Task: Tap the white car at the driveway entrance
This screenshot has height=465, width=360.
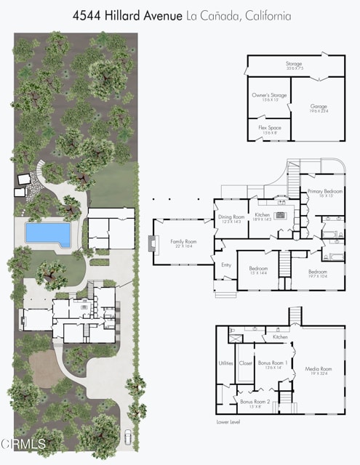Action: click(129, 437)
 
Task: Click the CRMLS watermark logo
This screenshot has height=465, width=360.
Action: click(23, 443)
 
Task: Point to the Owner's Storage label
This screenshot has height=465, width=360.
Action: click(268, 97)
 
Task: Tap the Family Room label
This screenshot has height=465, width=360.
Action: click(183, 242)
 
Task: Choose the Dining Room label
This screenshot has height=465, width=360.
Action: click(231, 218)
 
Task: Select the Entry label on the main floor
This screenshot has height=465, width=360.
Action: click(226, 265)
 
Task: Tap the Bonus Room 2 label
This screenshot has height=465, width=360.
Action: click(255, 403)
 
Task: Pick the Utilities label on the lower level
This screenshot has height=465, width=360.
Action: click(225, 363)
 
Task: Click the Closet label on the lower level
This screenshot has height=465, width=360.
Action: click(245, 363)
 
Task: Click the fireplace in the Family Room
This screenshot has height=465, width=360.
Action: click(152, 243)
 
